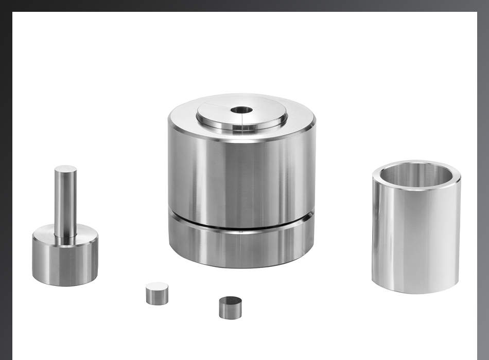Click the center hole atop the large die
point(241,110)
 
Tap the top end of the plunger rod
point(65,169)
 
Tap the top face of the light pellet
point(157,286)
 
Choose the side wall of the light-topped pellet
point(157,297)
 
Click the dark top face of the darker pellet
point(230,300)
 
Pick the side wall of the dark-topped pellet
point(230,311)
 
